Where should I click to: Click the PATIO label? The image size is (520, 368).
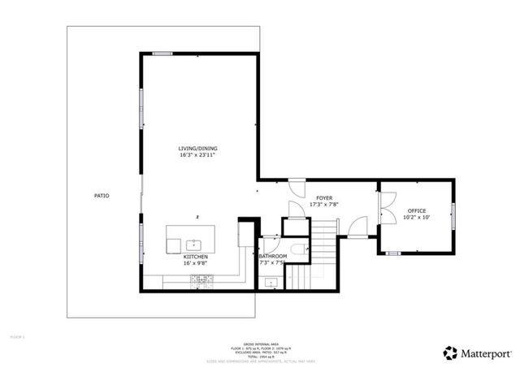pos(102,196)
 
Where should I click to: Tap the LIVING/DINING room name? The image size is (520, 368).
pos(198,148)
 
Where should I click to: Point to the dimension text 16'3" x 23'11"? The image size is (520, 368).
pos(198,155)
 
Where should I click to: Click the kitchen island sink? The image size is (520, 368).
pos(194,243)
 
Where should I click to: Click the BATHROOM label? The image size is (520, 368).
pos(272,256)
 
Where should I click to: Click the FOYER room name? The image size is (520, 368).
pos(324,197)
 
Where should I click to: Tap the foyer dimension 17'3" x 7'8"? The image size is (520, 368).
pos(324,205)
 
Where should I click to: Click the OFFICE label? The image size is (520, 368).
pos(416,210)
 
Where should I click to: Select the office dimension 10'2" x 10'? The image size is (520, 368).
pos(416,218)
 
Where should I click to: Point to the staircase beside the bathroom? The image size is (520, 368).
pos(323,260)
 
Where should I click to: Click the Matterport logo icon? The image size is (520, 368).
pos(450,353)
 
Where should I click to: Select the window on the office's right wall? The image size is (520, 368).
pos(453,216)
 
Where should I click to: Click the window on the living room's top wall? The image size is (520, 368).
pos(162,54)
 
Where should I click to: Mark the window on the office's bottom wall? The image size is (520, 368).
pos(393,253)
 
